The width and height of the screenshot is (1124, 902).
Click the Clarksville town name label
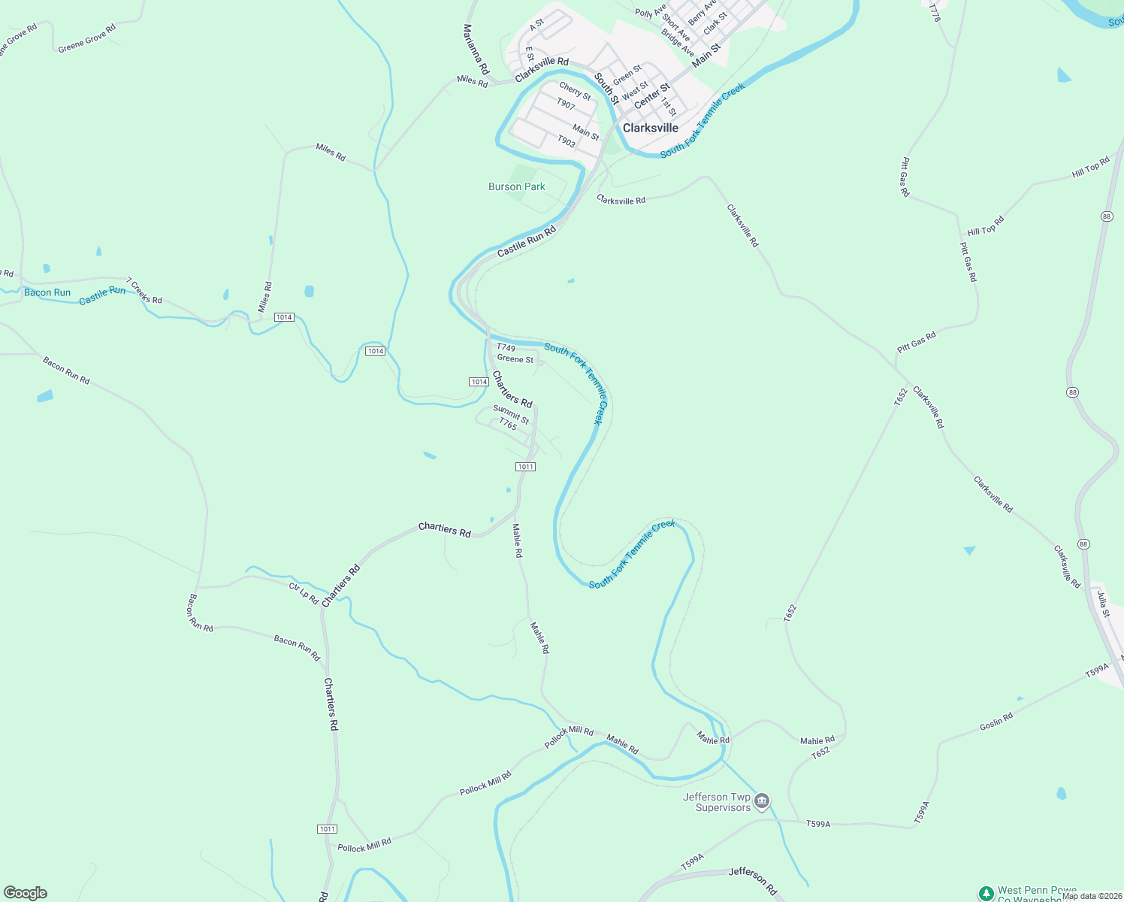(651, 128)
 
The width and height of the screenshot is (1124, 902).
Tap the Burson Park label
(517, 186)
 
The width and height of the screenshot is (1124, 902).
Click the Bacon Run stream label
(47, 292)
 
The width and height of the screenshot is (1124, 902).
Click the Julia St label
(1102, 604)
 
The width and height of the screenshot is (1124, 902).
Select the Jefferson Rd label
(753, 880)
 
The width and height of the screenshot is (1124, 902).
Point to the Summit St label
(511, 414)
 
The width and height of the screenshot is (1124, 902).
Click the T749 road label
(506, 347)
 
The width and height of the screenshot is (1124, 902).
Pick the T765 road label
(508, 425)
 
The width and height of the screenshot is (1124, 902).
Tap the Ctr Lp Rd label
(304, 592)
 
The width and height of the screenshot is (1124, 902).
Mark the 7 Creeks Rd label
(144, 291)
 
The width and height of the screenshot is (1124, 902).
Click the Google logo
(26, 893)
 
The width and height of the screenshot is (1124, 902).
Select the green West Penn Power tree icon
(986, 893)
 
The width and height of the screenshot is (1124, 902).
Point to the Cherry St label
(575, 91)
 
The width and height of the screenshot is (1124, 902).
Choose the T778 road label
(935, 13)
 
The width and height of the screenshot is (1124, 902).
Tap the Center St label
(651, 95)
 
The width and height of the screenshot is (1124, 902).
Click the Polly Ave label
(650, 12)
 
